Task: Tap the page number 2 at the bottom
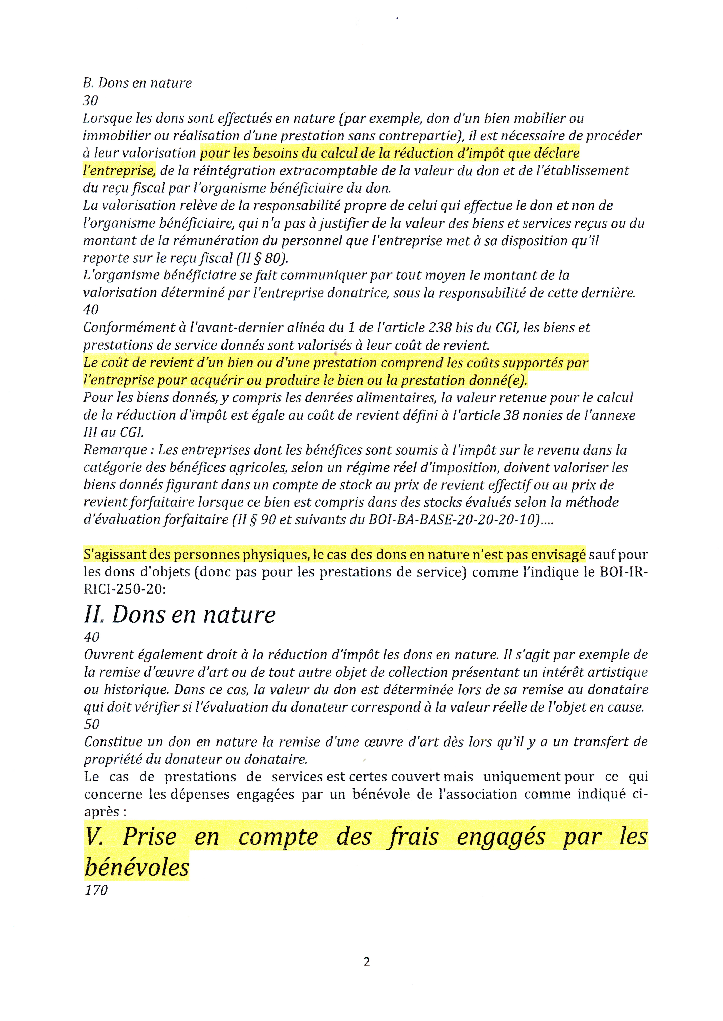(366, 962)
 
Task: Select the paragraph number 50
(92, 724)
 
